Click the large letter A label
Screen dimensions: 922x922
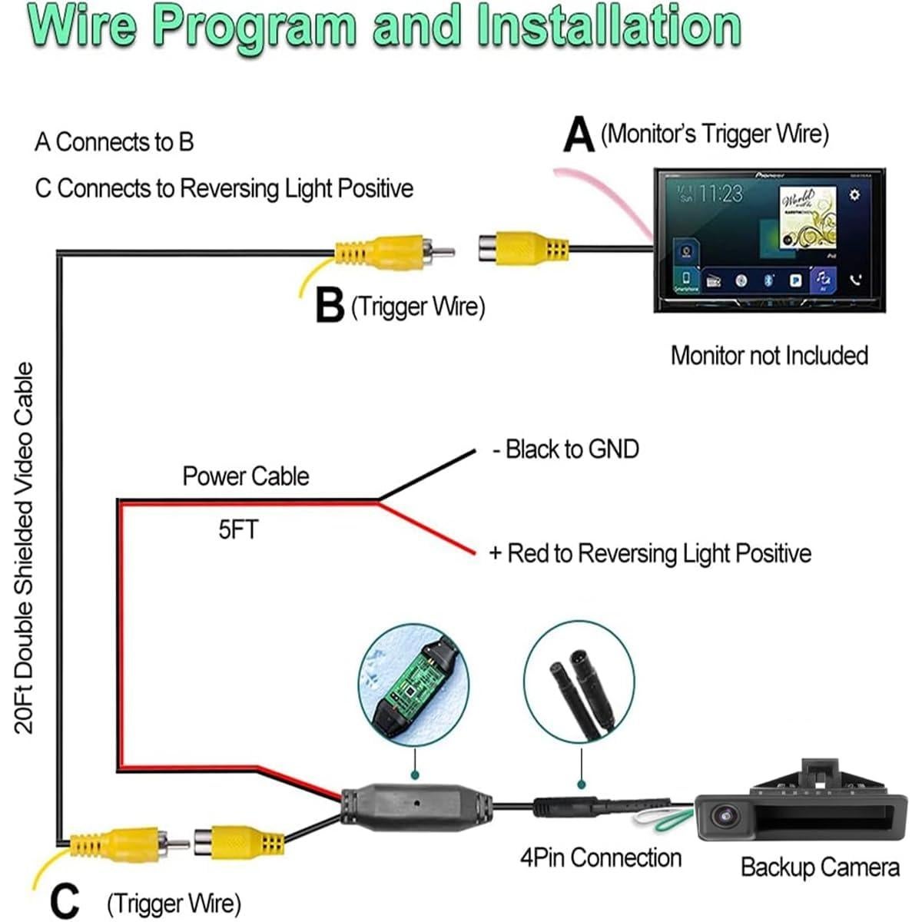click(578, 136)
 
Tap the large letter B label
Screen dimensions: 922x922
click(330, 306)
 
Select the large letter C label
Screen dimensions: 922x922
click(65, 900)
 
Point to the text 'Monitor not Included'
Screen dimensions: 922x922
click(769, 356)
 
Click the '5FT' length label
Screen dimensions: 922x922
click(238, 529)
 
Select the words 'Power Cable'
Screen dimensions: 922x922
click(246, 476)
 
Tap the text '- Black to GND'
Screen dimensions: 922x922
click(566, 449)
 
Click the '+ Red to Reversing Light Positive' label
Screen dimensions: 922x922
click(650, 553)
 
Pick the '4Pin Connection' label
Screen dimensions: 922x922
click(601, 857)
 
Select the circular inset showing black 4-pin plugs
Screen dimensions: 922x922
click(579, 684)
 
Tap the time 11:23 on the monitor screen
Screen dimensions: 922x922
click(720, 193)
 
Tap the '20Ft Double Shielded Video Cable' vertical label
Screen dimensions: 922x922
click(25, 548)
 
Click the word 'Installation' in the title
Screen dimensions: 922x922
click(609, 26)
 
